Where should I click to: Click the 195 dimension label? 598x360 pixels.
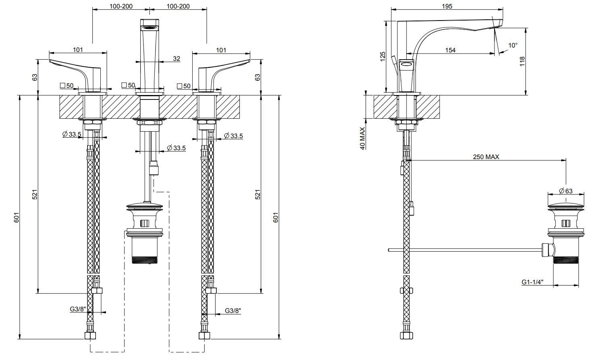click(x=447, y=6)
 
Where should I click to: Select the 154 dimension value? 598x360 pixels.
click(x=450, y=50)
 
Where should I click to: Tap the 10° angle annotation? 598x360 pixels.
click(x=512, y=46)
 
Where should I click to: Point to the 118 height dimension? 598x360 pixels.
click(x=522, y=61)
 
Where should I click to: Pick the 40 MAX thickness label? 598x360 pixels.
click(x=362, y=138)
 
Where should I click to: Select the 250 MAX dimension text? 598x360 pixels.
click(x=486, y=157)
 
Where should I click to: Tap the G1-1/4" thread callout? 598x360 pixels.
click(x=532, y=282)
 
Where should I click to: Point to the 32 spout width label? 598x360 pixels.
click(x=176, y=58)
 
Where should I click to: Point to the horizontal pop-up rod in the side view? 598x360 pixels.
click(x=463, y=250)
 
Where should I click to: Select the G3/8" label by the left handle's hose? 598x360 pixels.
click(x=78, y=309)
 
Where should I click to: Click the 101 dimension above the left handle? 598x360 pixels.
click(x=78, y=50)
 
